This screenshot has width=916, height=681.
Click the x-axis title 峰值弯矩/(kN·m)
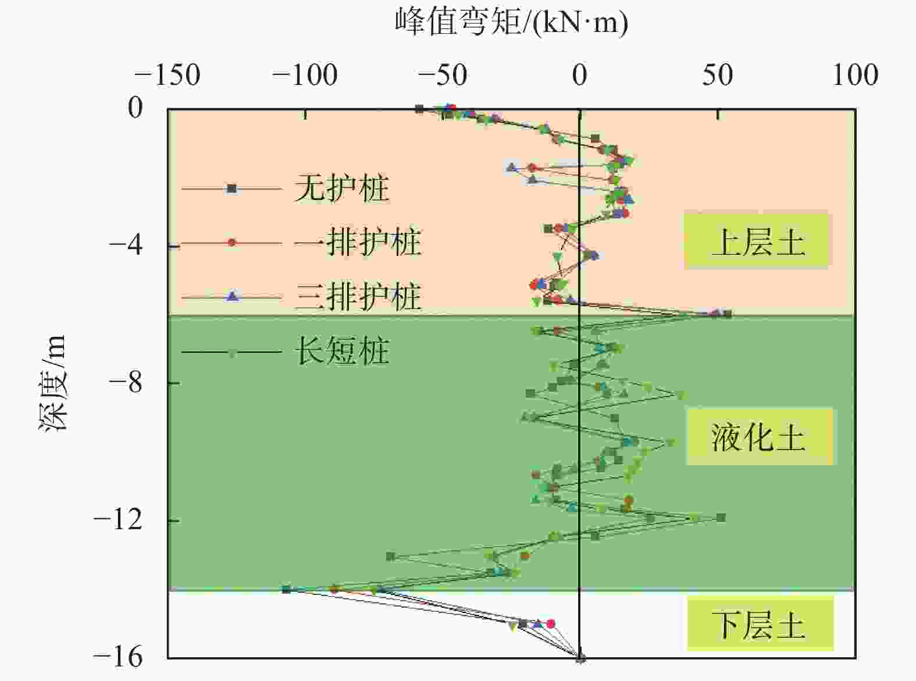512,23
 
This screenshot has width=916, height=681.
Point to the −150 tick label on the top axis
167,76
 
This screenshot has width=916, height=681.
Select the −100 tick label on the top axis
305,76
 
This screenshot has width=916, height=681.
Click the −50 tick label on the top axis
442,76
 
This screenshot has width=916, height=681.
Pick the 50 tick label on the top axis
717,76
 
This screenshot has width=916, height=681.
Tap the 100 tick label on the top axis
854,76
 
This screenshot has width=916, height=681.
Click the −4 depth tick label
126,245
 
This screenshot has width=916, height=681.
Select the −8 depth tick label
126,383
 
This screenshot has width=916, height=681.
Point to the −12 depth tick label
118,520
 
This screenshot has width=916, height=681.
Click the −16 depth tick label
118,657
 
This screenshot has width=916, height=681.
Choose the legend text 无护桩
341,188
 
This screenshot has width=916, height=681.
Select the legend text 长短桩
341,351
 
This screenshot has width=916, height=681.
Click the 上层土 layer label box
756,241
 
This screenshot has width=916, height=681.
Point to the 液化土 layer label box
759,437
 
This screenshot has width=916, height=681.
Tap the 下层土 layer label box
760,625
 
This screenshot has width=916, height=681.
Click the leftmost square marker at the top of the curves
419,109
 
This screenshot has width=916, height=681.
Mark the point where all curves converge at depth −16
580,658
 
